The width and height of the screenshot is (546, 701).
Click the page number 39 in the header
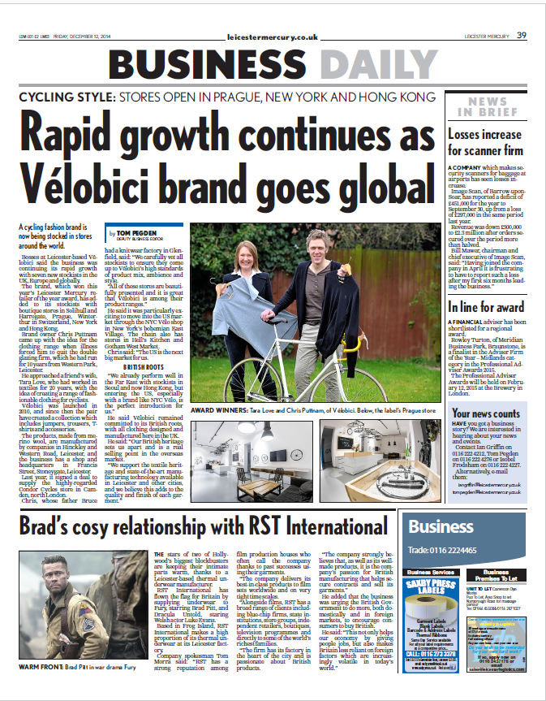[522, 34]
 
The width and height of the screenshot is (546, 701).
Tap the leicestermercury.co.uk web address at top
[273, 36]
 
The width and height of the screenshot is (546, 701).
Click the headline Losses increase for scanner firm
[486, 142]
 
